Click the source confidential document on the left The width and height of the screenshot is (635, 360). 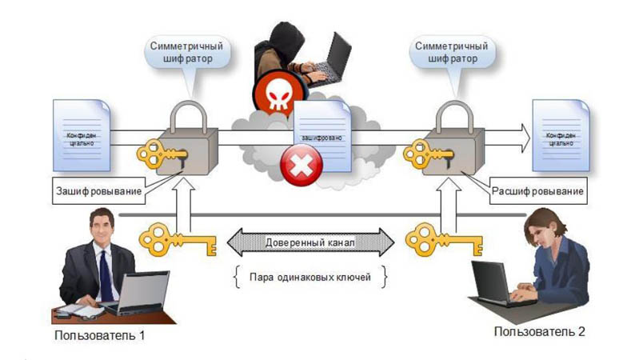(x=80, y=134)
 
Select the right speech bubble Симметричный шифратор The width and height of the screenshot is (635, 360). (x=449, y=53)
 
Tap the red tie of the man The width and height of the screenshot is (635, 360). (x=106, y=277)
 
